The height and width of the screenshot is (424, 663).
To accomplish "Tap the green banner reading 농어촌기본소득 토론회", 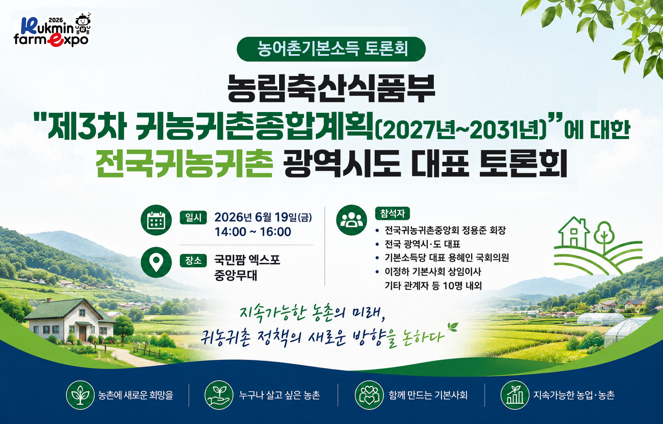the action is [331, 49].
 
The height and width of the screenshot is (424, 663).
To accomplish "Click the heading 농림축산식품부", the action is [331, 88].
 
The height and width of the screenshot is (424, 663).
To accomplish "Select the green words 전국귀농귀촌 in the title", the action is [184, 163].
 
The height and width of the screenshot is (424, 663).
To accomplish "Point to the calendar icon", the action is [156, 220].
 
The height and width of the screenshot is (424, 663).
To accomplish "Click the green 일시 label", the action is [193, 218].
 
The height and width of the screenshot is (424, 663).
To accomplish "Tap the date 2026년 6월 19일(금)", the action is [263, 217].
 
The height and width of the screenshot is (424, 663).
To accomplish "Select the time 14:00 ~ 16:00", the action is [253, 232].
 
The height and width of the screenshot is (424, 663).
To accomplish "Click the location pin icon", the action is [156, 262].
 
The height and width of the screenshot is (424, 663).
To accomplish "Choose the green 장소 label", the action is [193, 261].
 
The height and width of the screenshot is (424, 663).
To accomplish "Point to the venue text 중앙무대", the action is [236, 275].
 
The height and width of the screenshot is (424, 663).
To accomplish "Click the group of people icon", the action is [351, 220].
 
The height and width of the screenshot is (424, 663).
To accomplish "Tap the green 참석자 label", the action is [392, 213].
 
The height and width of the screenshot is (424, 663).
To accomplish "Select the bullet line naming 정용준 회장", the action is [441, 230].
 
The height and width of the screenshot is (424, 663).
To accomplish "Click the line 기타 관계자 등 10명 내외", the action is [433, 285].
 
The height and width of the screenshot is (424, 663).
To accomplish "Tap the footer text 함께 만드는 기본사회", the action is [428, 395].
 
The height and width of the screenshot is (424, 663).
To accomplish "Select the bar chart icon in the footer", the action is [515, 395].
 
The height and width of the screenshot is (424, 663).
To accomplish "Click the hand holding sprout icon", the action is [219, 395].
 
